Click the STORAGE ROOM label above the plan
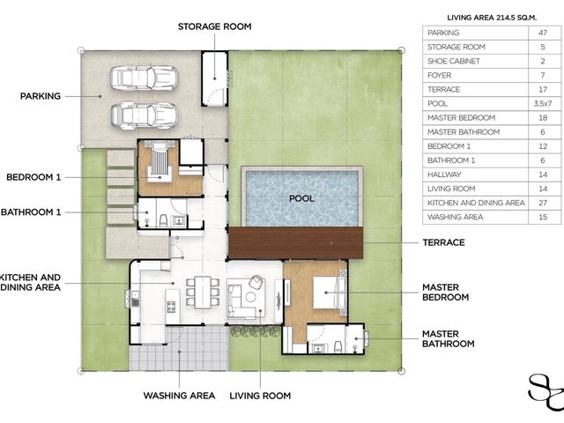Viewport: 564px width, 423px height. coord(214,26)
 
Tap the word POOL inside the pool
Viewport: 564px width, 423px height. coord(301,198)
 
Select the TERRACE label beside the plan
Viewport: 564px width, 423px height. coord(443,242)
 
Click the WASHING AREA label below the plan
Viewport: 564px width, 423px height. coord(179,396)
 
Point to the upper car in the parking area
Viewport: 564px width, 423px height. coord(144,78)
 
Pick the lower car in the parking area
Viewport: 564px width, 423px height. coord(144,115)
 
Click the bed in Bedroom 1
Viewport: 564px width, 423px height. coord(160,160)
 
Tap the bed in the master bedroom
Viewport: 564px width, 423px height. coord(329,293)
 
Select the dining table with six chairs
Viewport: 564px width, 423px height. coord(203,292)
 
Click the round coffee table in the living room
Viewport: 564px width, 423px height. coord(250,297)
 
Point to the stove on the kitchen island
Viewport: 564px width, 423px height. coord(171,307)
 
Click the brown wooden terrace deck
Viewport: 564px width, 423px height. coord(295,243)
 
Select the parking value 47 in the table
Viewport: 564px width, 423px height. coord(543,33)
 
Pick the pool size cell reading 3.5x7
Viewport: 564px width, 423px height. coord(543,104)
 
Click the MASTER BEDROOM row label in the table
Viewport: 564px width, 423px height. coord(461,117)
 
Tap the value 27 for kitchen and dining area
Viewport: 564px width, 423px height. coord(543,203)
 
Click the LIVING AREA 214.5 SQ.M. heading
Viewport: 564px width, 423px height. coord(492,18)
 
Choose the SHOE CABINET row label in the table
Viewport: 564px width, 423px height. coord(454,61)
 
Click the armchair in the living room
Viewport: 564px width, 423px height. coord(256,282)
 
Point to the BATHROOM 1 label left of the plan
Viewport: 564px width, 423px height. coord(31,212)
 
